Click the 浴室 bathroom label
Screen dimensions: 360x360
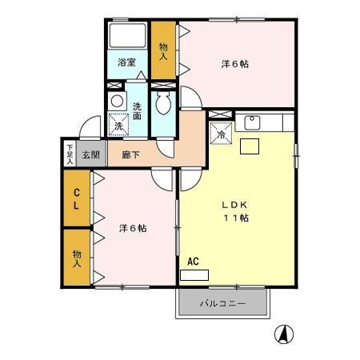127,62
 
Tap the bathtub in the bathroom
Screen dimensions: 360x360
127,37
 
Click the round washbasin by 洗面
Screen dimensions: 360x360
117,102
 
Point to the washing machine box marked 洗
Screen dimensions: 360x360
118,125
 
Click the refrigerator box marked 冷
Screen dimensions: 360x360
221,134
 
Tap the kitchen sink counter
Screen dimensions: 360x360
263,122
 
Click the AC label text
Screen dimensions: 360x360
193,261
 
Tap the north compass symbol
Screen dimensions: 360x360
282,334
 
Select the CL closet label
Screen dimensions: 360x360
78,198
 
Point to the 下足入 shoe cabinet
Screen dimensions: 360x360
70,153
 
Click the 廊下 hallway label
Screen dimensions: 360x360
130,154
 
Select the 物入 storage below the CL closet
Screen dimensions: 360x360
78,257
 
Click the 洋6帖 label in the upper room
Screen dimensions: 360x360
234,63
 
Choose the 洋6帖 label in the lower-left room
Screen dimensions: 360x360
133,228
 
